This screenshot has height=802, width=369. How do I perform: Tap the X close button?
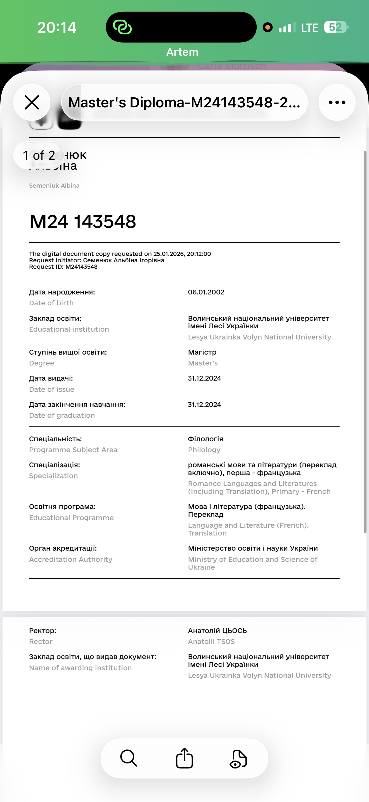[x=32, y=102]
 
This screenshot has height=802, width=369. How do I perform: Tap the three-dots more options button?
[x=337, y=102]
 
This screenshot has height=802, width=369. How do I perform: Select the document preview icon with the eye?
[x=238, y=759]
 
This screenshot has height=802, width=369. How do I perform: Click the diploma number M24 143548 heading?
[x=83, y=222]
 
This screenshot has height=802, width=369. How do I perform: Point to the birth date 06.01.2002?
[x=206, y=292]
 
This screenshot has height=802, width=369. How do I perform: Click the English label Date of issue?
[x=52, y=389]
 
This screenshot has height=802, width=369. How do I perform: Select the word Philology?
[x=204, y=450]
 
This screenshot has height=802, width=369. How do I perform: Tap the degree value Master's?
[x=203, y=363]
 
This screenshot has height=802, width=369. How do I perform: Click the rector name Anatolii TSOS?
[x=211, y=641]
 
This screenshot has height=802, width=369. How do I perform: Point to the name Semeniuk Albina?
[x=54, y=186]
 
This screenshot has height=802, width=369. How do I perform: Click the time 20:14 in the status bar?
[x=57, y=27]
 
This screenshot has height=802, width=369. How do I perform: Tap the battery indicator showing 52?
[x=335, y=27]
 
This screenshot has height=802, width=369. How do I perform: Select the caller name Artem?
[x=182, y=52]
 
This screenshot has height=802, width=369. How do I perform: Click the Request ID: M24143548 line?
[x=63, y=267]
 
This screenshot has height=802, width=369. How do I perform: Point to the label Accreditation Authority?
[x=71, y=559]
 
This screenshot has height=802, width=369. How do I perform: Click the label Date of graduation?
[x=62, y=415]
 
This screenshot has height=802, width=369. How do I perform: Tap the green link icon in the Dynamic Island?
[x=122, y=27]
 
